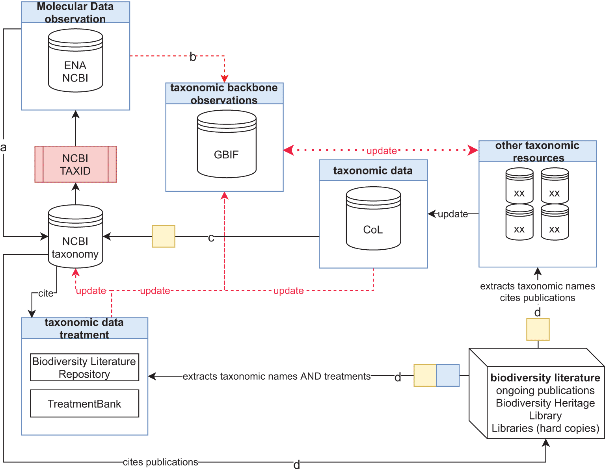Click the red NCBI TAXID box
pyautogui.click(x=75, y=164)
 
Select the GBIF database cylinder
pyautogui.click(x=227, y=144)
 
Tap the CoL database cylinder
pyautogui.click(x=373, y=219)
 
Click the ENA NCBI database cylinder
pyautogui.click(x=75, y=61)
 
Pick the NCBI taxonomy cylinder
pyautogui.click(x=75, y=237)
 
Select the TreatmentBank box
pyautogui.click(x=84, y=404)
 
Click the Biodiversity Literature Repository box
pyautogui.click(x=84, y=367)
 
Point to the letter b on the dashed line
pyautogui.click(x=193, y=57)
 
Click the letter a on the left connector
pyautogui.click(x=4, y=147)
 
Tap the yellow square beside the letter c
pyautogui.click(x=164, y=236)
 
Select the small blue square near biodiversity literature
pyautogui.click(x=448, y=375)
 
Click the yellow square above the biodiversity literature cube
pyautogui.click(x=538, y=329)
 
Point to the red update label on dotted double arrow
pyautogui.click(x=382, y=151)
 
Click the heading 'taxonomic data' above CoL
pyautogui.click(x=373, y=171)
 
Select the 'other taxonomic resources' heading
pyautogui.click(x=538, y=152)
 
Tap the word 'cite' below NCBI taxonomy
pyautogui.click(x=46, y=293)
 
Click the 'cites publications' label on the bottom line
pyautogui.click(x=160, y=462)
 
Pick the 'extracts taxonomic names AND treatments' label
pyautogui.click(x=277, y=377)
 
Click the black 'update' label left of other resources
pyautogui.click(x=453, y=214)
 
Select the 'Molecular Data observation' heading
pyautogui.click(x=75, y=13)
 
